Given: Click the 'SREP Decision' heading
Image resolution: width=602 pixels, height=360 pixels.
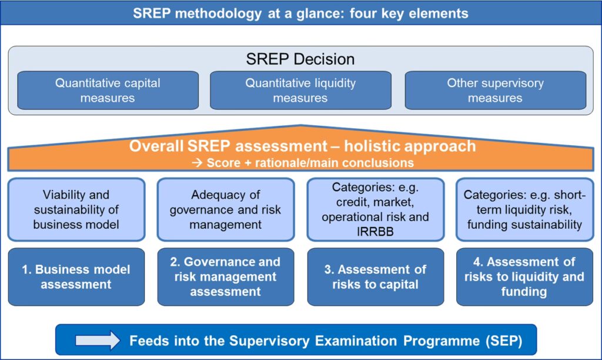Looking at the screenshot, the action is (300, 59).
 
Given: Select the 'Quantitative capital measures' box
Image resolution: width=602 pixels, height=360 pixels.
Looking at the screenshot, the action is (108, 90).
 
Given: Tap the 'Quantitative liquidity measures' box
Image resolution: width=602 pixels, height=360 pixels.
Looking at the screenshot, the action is (300, 90).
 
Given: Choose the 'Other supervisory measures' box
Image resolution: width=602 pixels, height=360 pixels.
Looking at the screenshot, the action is (495, 90).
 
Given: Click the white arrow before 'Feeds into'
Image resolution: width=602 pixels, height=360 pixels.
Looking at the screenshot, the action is (98, 341).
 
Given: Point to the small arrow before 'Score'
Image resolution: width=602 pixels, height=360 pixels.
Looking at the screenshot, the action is (197, 163).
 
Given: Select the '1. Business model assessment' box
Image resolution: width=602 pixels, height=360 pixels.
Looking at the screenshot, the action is (76, 276).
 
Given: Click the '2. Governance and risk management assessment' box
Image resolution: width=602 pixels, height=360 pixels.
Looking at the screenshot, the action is (226, 276).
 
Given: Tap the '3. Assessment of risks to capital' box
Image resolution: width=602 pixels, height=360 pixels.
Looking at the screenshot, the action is (376, 276).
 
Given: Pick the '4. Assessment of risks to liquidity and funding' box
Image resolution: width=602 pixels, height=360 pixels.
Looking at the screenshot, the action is (524, 276).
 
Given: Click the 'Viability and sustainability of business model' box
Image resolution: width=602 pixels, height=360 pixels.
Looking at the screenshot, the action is (76, 209).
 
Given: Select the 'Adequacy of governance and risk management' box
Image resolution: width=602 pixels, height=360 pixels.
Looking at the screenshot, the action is (226, 209).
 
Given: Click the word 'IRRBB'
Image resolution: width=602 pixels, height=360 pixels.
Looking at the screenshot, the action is (375, 232).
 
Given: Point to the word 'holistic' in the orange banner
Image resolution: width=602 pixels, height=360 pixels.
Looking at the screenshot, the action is (372, 146).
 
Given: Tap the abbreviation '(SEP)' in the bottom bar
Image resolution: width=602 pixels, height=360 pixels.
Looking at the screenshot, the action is (504, 341).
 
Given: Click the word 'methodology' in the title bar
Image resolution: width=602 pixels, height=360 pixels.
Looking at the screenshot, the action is (219, 14).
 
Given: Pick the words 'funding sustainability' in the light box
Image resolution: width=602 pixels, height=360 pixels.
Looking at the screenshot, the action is (524, 224).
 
